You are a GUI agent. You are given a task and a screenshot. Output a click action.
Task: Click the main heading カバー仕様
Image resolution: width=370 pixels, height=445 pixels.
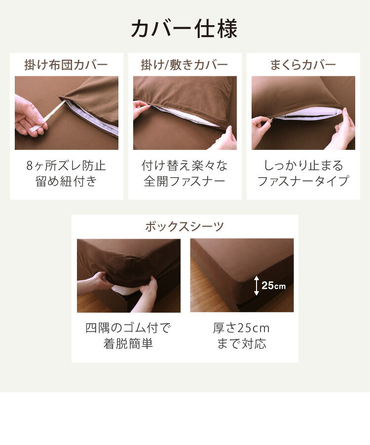point(185,29)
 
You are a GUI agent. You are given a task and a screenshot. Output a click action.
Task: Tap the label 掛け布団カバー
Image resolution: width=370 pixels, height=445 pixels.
point(66,65)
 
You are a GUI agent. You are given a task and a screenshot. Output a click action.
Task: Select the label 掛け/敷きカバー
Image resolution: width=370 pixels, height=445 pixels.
point(185,65)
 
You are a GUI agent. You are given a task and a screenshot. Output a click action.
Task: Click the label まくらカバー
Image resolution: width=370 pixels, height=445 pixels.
point(303,65)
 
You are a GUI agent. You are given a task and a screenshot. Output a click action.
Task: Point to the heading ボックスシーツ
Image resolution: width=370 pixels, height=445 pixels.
point(185,226)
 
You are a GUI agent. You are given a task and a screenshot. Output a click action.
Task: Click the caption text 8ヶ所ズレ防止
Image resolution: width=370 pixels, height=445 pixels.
point(66,165)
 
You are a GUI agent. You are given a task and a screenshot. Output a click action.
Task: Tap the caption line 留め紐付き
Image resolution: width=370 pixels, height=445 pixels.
point(66,181)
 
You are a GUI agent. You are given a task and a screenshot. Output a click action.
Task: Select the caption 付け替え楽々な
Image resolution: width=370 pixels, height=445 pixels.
point(185,165)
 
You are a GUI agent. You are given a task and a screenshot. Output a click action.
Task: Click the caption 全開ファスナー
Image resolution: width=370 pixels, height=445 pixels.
point(185,181)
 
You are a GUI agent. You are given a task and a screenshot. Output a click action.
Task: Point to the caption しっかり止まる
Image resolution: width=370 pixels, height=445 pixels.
point(303,165)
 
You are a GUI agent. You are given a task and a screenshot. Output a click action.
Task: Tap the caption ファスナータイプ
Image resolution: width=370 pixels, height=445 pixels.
point(303,181)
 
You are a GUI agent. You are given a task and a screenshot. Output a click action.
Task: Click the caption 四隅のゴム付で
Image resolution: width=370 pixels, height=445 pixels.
point(128,328)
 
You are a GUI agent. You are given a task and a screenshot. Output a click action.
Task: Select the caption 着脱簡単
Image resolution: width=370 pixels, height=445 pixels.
point(128,343)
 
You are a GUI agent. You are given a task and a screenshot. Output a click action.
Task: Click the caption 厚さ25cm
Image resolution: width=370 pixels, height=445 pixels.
point(241,328)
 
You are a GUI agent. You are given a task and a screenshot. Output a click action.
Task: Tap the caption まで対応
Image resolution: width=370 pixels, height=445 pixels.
point(241,343)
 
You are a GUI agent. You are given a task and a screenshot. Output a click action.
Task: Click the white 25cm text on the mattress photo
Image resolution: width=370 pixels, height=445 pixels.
point(273,286)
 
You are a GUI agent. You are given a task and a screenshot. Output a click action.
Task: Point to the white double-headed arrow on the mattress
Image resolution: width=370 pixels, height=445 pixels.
point(257,286)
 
